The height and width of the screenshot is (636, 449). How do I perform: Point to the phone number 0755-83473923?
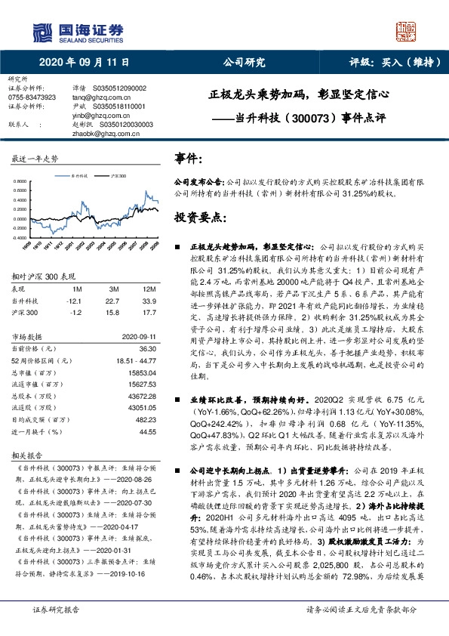pos(32,97)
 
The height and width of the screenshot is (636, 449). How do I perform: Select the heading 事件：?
pos(189,159)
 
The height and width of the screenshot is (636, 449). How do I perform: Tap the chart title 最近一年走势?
pos(35,159)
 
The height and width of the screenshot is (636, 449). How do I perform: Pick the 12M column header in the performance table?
pos(149,289)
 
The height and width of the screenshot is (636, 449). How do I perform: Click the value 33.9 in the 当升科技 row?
pos(149,300)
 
